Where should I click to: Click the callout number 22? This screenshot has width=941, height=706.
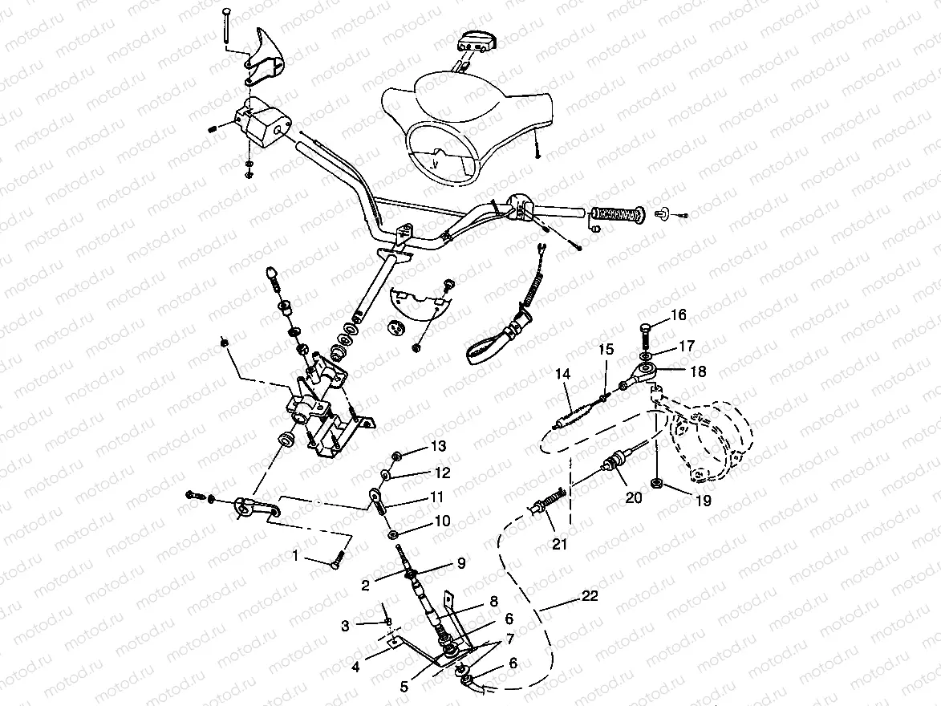tap(590, 596)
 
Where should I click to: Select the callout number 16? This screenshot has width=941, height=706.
tap(679, 315)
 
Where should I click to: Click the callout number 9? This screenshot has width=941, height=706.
tap(460, 562)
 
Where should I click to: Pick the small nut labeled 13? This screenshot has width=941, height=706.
tap(395, 455)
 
